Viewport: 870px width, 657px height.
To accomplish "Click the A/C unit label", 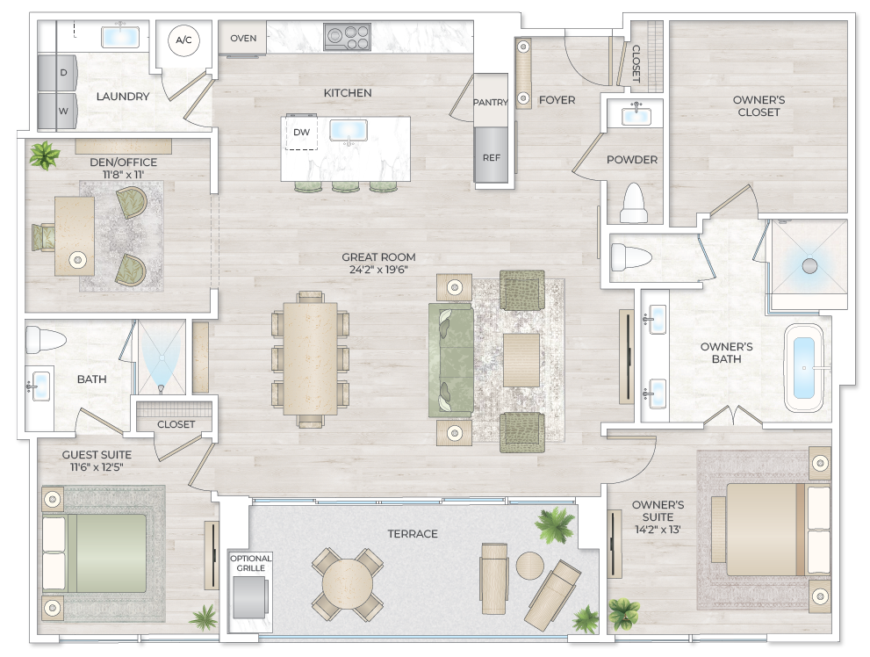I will pos(183,40).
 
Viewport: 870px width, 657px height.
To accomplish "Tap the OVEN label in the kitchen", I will pos(243,38).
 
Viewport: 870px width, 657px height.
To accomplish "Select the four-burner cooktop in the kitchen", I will pos(347,37).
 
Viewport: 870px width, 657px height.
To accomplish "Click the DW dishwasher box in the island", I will pos(301,133).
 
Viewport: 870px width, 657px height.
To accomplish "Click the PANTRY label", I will pos(490,103).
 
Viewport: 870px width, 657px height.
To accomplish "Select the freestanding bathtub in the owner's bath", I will pos(803,368).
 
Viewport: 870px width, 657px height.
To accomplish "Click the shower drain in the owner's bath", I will pos(809,264).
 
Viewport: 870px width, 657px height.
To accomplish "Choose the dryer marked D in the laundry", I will pos(63,73).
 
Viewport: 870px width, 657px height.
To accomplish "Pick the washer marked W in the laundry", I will pos(63,112).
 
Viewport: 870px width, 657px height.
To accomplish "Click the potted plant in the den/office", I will pos(43,155).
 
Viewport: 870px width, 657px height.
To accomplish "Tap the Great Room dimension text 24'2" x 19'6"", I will pos(376,270).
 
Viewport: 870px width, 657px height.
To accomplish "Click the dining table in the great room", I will pos(310,358).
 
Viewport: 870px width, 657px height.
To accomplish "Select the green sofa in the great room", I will pos(451,358).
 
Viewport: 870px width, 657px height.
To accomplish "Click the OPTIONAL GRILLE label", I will pos(251,563).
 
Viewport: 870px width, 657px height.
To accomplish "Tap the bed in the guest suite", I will pos(97,553).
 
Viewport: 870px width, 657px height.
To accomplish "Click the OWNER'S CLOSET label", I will pos(759,105).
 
